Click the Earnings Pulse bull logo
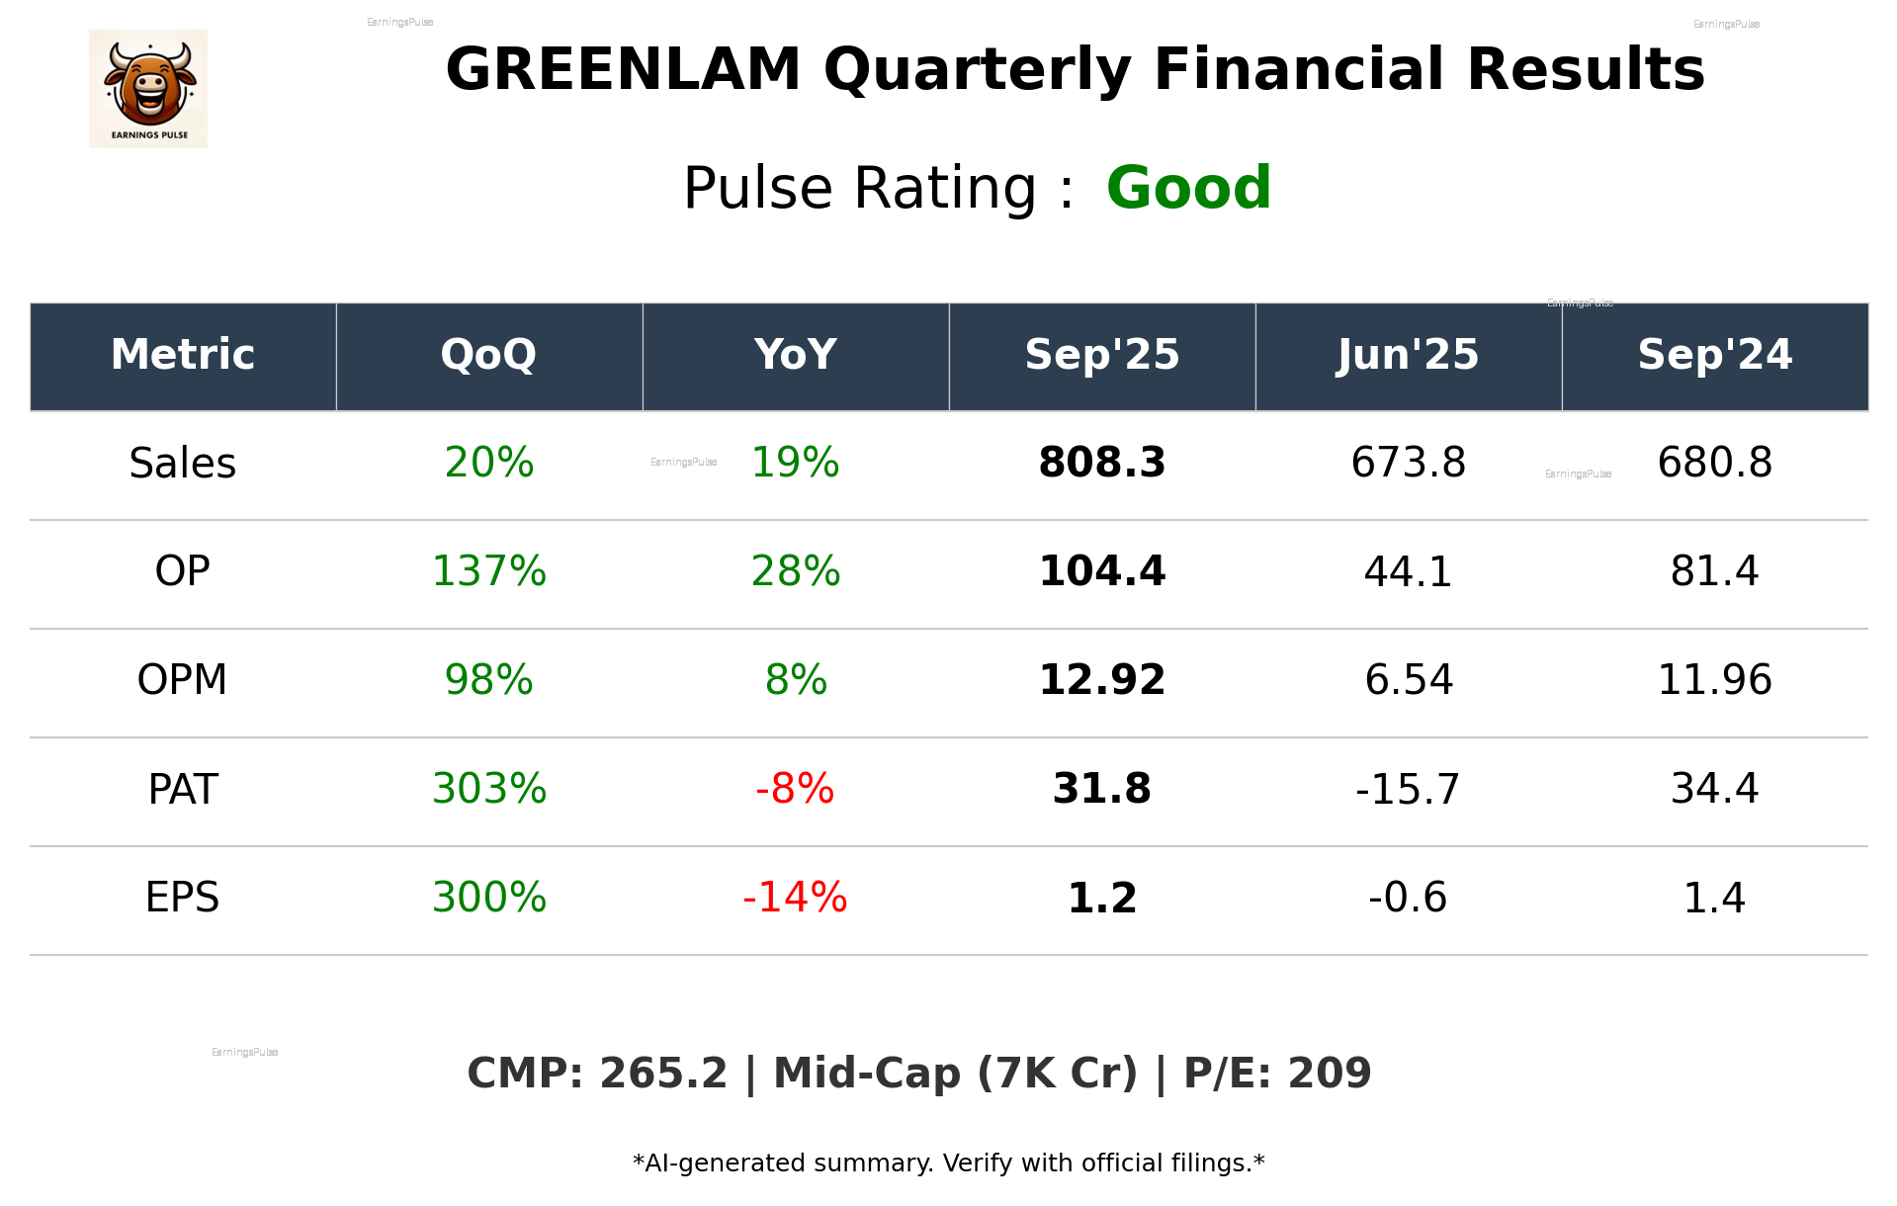[148, 89]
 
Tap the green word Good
[1188, 188]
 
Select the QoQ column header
[488, 355]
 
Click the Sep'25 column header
[1101, 355]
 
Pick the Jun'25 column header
[1408, 355]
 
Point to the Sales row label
[183, 463]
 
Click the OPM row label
[183, 680]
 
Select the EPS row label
[183, 898]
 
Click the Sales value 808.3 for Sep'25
[1101, 463]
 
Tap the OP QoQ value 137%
[488, 571]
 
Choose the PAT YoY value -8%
[795, 789]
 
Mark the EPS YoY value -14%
[795, 898]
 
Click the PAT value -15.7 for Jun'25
[1408, 789]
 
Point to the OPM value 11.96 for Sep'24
[1714, 680]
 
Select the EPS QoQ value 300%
[488, 898]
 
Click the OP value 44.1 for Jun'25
[1408, 571]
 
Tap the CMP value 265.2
[662, 1074]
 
